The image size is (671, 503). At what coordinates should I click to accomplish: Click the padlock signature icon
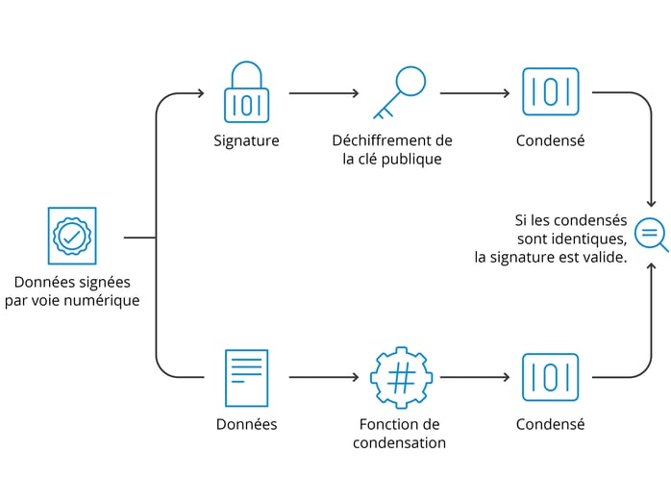click(x=246, y=93)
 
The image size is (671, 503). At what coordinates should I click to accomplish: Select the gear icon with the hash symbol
click(x=400, y=377)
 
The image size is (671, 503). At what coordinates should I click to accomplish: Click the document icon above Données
click(x=246, y=377)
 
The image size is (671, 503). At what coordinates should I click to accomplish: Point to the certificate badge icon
click(x=72, y=236)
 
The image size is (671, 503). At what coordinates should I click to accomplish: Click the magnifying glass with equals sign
click(x=651, y=234)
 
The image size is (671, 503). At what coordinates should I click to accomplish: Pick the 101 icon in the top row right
click(x=550, y=92)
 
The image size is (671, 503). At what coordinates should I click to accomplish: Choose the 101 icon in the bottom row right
click(x=550, y=377)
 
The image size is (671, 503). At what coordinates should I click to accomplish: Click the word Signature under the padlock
click(x=246, y=140)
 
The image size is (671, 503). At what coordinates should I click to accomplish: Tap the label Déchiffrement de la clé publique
click(x=392, y=150)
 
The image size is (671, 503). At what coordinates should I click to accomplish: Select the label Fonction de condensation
click(x=399, y=433)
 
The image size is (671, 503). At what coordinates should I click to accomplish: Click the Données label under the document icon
click(x=246, y=424)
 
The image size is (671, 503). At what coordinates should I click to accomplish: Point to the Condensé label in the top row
click(x=550, y=140)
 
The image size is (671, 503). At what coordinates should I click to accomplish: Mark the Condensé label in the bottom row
click(x=550, y=424)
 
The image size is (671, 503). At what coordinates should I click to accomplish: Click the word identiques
click(x=593, y=238)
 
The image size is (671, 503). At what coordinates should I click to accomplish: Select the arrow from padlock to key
click(x=324, y=93)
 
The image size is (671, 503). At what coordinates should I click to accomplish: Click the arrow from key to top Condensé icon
click(x=475, y=93)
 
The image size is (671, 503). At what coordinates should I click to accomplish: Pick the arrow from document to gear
click(x=324, y=377)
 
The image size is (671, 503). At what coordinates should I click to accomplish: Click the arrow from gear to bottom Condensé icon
click(x=475, y=377)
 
